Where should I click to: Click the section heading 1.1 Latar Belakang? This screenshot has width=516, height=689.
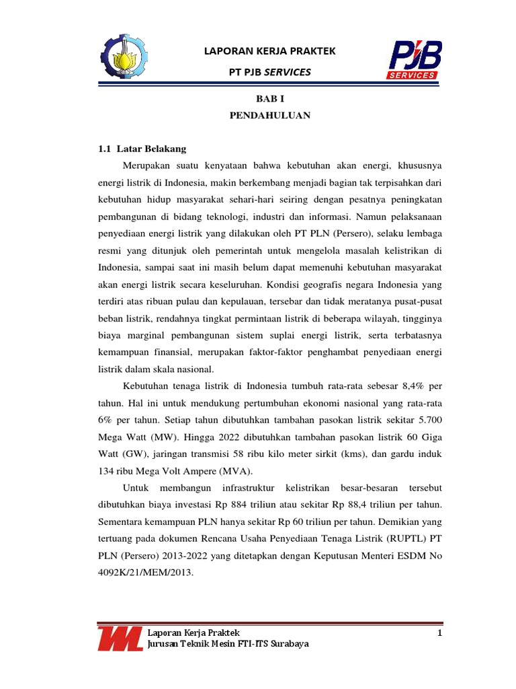[142, 148]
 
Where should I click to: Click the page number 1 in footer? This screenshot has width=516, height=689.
[439, 633]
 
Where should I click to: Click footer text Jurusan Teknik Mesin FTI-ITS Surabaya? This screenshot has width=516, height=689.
[228, 645]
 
